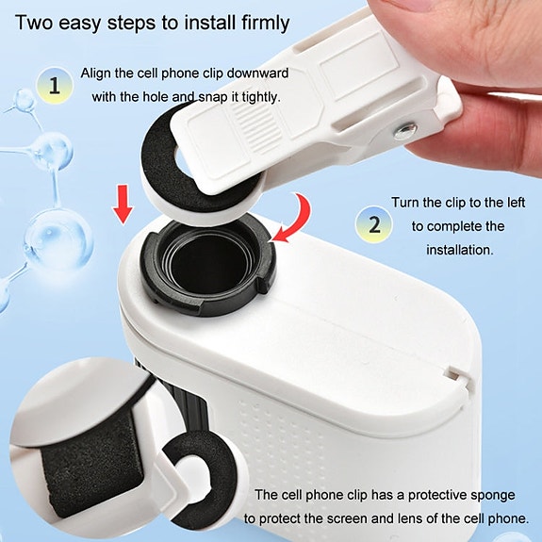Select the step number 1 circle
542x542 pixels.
(x=55, y=87)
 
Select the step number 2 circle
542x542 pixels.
(x=374, y=225)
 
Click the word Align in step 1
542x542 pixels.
(x=98, y=73)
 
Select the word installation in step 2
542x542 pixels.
(x=461, y=250)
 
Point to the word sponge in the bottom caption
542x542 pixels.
(x=493, y=494)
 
